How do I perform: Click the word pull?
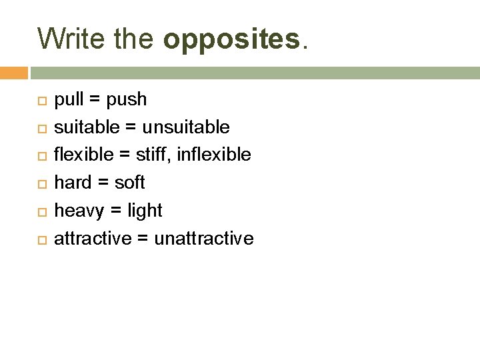pyautogui.click(x=68, y=100)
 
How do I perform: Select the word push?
pyautogui.click(x=127, y=100)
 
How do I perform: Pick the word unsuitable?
pyautogui.click(x=186, y=127)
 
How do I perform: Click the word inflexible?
pyautogui.click(x=214, y=155)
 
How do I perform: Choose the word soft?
pyautogui.click(x=129, y=183)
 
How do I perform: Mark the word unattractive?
pyautogui.click(x=204, y=239)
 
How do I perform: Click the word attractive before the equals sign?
pyautogui.click(x=93, y=239)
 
